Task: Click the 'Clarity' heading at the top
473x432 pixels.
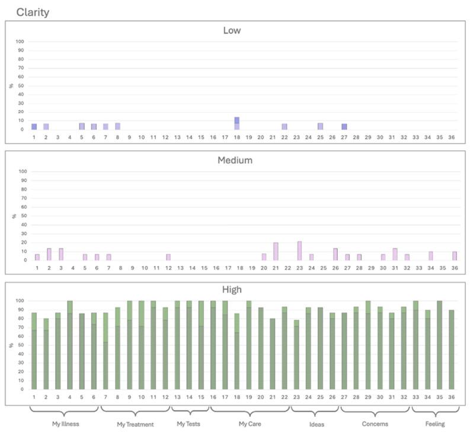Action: coord(33,11)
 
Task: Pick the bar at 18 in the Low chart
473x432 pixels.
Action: coord(237,123)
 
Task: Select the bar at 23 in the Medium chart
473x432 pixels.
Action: coord(299,250)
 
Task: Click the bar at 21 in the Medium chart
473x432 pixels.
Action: coord(276,251)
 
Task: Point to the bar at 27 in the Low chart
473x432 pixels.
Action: coord(344,126)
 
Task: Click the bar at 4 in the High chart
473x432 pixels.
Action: coord(69,345)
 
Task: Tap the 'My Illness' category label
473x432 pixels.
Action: coord(65,424)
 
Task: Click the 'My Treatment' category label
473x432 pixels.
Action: coord(135,424)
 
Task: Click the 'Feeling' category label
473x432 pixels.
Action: coord(436,424)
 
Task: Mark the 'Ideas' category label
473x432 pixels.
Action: coord(317,424)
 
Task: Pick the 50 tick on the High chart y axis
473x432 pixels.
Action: coord(21,345)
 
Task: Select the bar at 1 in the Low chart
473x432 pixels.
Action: coord(34,126)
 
